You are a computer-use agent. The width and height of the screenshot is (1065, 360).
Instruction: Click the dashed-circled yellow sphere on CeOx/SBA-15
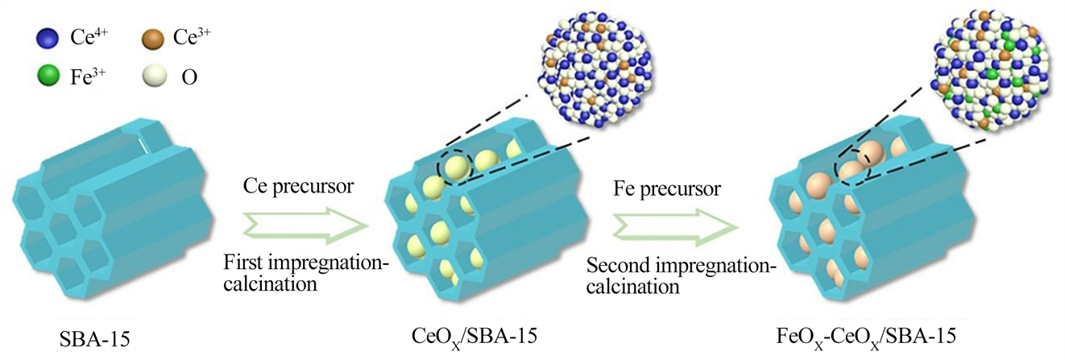455,168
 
